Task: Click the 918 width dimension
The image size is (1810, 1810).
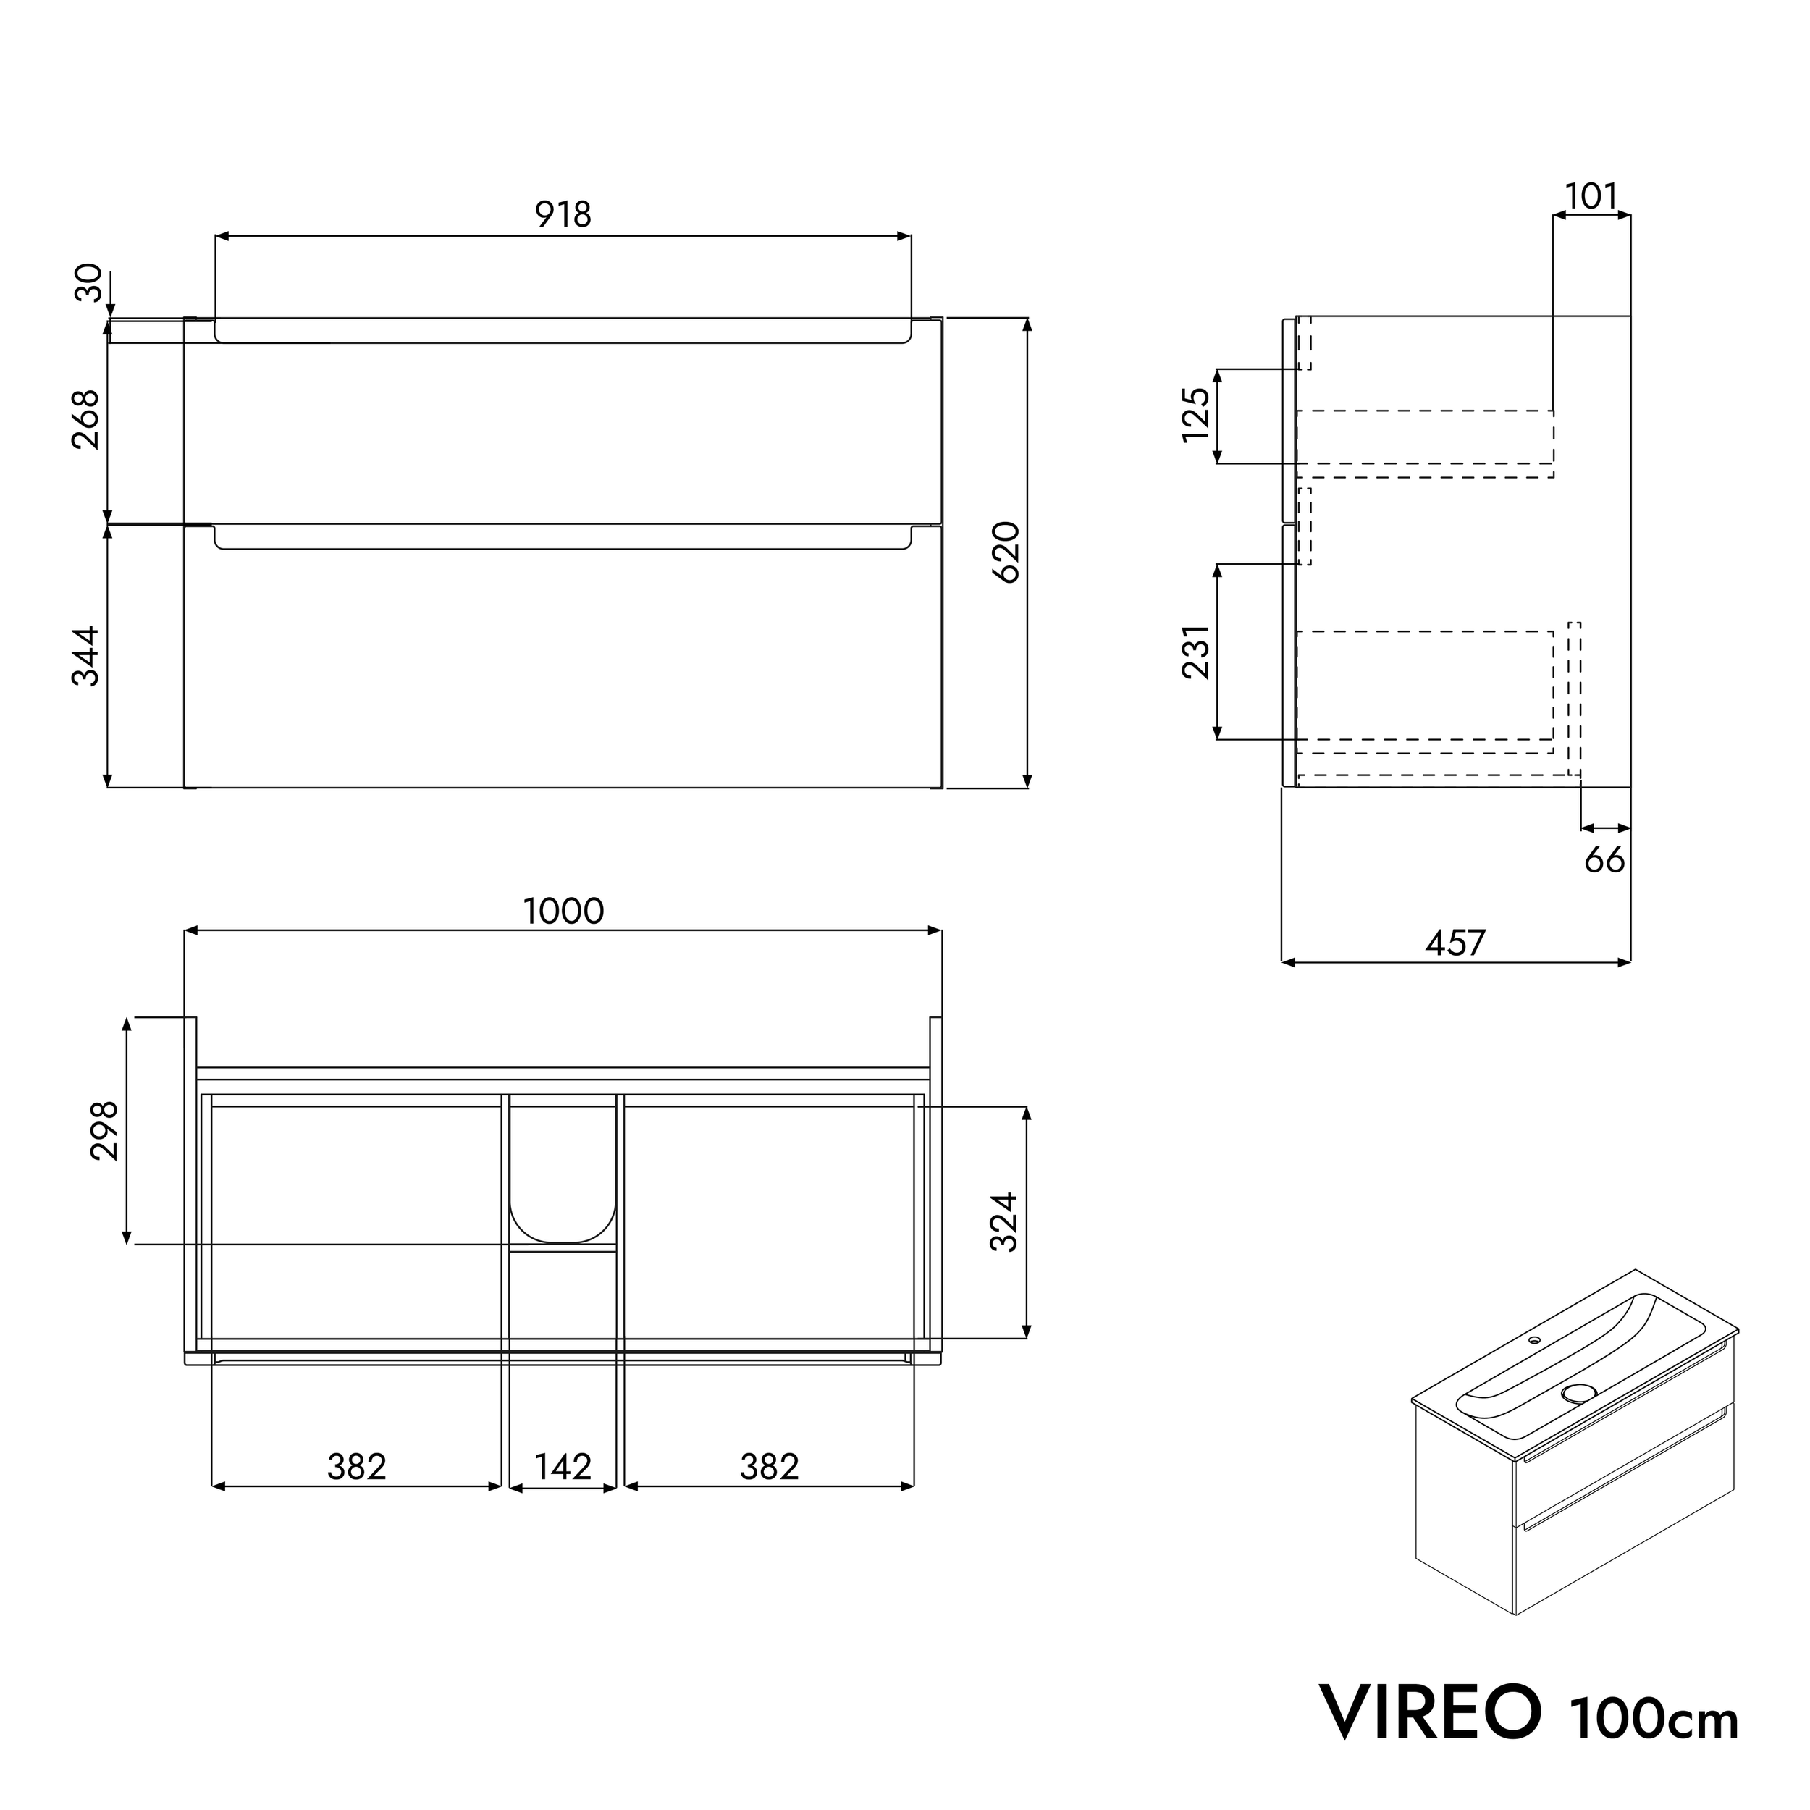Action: (563, 214)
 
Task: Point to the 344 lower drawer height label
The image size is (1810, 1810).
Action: (86, 656)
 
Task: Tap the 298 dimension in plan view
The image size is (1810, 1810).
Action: (105, 1130)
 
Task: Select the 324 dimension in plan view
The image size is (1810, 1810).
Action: (1004, 1221)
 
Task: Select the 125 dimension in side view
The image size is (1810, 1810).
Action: (1196, 415)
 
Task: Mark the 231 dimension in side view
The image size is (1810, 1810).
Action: (1196, 651)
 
